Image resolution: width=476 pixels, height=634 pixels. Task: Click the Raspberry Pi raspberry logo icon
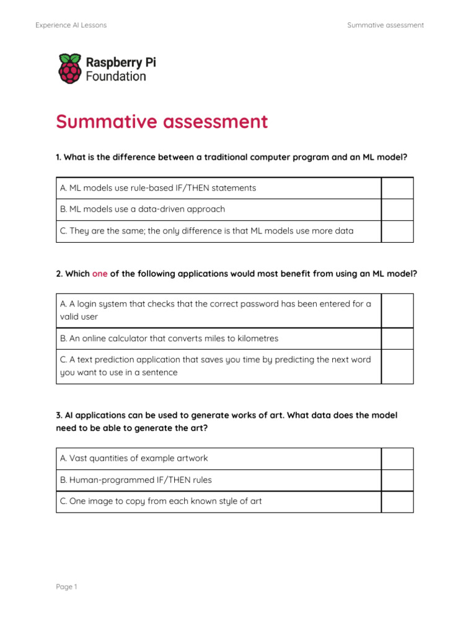point(69,69)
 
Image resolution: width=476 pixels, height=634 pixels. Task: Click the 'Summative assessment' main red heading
point(162,122)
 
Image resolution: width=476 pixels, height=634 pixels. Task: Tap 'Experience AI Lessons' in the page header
point(71,25)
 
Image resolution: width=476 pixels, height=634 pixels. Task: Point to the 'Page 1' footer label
point(66,587)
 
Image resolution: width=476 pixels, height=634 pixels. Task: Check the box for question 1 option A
point(397,188)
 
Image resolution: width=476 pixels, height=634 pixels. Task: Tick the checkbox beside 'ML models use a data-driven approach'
point(397,209)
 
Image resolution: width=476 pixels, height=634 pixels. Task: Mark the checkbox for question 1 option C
point(397,231)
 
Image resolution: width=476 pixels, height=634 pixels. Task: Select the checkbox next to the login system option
point(397,310)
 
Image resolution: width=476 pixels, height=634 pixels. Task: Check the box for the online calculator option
point(397,339)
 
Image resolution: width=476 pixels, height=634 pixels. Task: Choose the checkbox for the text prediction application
point(397,366)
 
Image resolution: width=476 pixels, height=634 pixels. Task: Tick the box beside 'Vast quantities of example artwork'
point(397,459)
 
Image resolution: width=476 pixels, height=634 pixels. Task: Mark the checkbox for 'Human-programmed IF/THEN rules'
point(397,480)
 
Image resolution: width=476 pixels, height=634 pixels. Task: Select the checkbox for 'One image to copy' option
point(397,502)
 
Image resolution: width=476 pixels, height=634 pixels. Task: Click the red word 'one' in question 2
point(100,274)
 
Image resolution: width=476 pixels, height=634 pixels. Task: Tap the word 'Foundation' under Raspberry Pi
point(116,77)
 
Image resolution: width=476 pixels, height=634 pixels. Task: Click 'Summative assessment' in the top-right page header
point(386,25)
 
